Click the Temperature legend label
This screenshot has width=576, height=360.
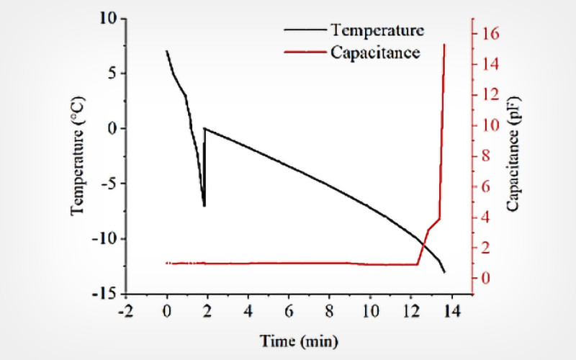(377, 30)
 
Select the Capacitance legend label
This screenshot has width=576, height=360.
(375, 52)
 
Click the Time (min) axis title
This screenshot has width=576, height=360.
(299, 339)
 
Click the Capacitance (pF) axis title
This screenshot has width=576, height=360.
(512, 157)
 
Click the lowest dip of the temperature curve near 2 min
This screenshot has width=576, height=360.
(204, 206)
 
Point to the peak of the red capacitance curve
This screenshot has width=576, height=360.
(444, 45)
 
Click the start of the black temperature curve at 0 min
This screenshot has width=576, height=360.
(166, 51)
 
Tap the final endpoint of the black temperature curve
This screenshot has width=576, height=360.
(445, 272)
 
